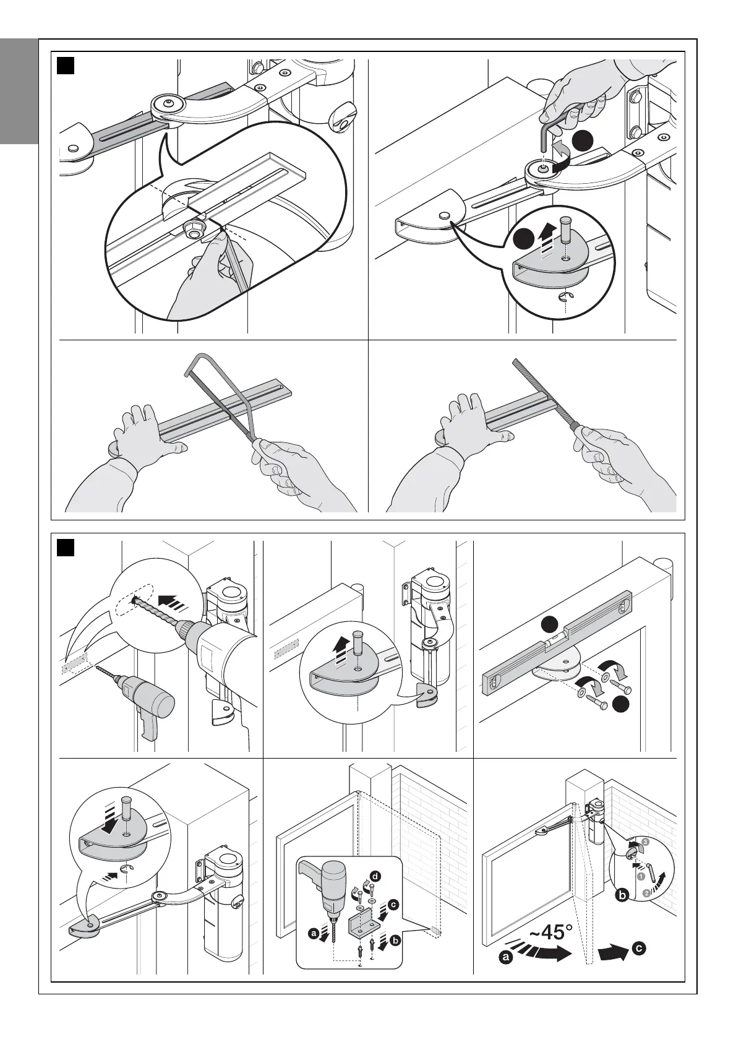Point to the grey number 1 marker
(641, 876)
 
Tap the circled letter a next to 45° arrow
(506, 975)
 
